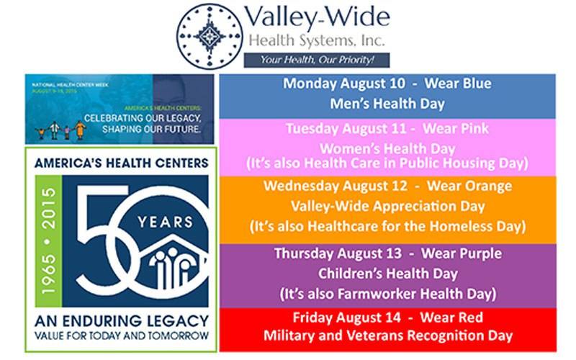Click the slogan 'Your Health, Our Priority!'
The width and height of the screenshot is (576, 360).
(317, 60)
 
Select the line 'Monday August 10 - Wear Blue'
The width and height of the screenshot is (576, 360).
(387, 84)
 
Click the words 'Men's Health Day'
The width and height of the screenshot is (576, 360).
(387, 104)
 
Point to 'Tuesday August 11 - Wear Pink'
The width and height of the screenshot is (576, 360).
(387, 129)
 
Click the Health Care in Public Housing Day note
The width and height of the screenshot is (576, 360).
(387, 163)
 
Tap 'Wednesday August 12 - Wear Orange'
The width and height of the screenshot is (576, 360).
(387, 186)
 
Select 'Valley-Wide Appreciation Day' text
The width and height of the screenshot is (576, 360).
(387, 206)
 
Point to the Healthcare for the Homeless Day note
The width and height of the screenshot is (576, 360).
(387, 226)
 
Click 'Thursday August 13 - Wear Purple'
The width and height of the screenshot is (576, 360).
(387, 254)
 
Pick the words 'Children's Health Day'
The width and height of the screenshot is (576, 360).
(387, 274)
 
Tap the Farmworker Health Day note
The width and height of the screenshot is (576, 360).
(387, 294)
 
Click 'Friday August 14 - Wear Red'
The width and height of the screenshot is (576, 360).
(387, 318)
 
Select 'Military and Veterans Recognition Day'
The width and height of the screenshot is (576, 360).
(387, 336)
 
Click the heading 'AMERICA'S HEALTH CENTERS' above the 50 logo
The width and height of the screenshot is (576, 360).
(121, 163)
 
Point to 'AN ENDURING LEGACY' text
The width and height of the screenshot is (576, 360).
(121, 320)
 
